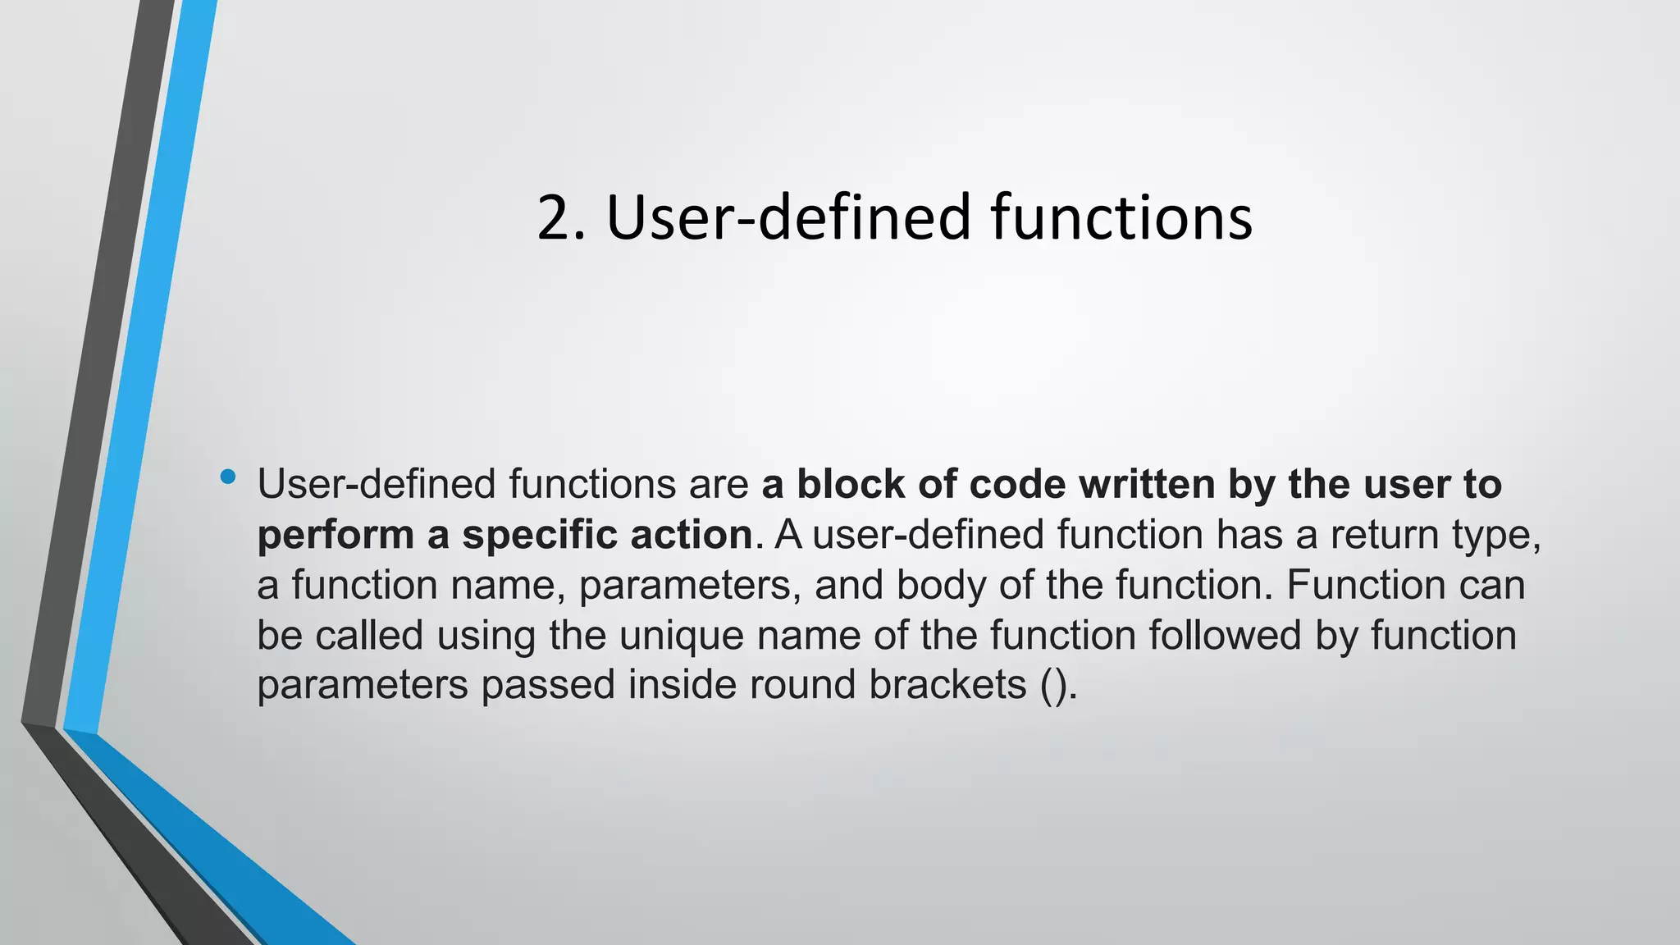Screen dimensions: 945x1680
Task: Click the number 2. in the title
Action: pos(561,217)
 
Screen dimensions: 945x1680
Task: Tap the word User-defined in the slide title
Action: pos(788,217)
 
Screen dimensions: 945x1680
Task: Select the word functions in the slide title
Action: pos(1121,217)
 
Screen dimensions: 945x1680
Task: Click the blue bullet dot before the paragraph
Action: pos(228,477)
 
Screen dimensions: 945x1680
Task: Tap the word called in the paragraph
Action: pos(369,635)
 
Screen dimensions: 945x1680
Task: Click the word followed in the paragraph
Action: pos(1226,635)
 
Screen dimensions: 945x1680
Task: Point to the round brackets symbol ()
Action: pos(1053,686)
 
